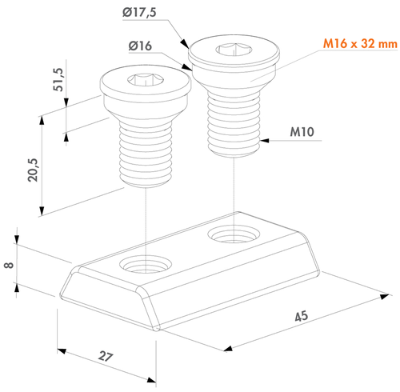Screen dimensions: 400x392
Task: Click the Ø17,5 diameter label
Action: (x=139, y=13)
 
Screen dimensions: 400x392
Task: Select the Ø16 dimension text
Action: (x=140, y=46)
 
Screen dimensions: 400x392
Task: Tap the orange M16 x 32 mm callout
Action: (x=360, y=43)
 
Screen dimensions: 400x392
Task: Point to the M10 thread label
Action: (x=302, y=132)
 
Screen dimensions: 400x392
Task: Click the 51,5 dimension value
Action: (x=58, y=79)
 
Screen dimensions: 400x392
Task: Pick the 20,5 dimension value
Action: (x=33, y=170)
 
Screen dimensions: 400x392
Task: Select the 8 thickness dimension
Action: (x=9, y=265)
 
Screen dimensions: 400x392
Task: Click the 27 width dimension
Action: (x=106, y=356)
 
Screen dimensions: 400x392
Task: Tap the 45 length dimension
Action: (x=302, y=316)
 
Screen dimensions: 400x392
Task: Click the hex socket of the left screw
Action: (x=146, y=79)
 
